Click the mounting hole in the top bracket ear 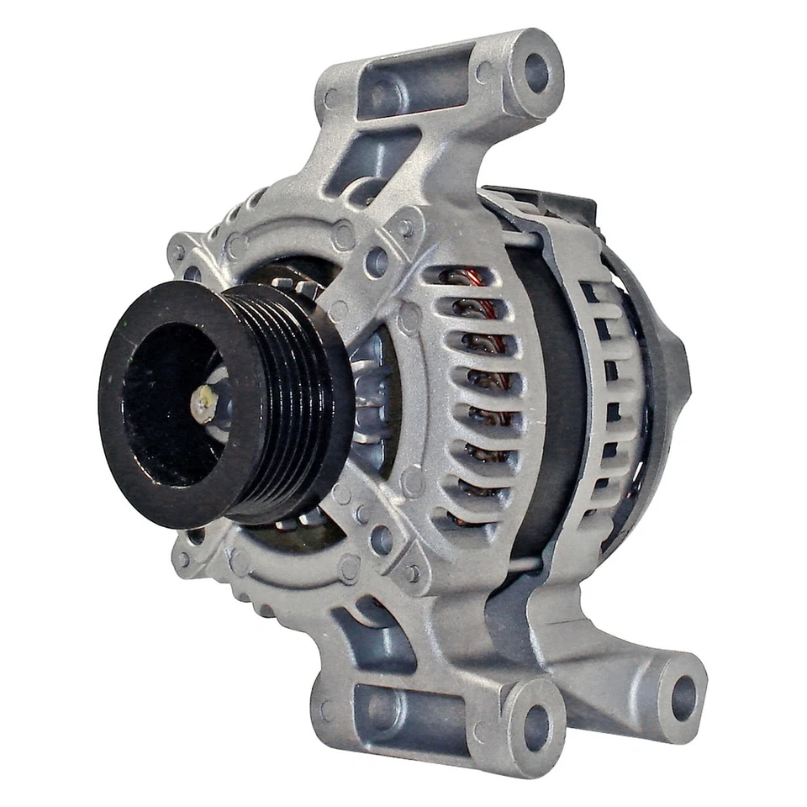536,72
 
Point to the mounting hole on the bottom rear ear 683,697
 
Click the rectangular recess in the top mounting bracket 412,88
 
